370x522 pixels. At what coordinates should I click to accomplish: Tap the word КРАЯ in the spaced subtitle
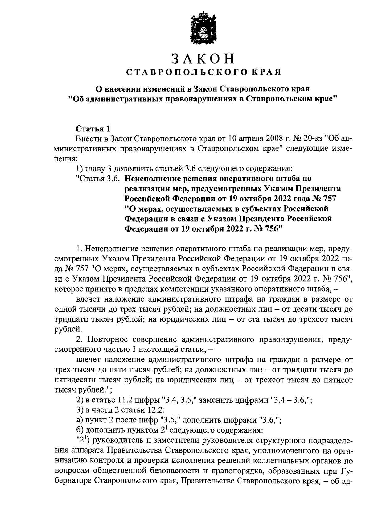click(266, 73)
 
